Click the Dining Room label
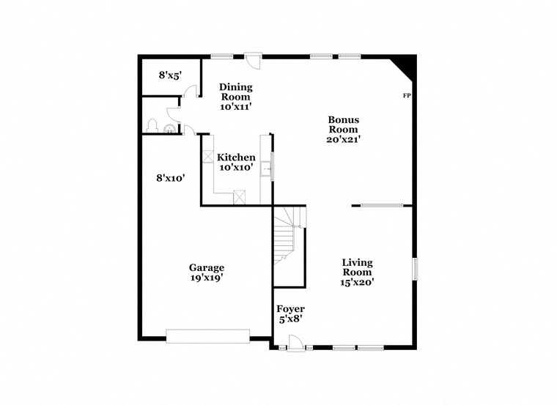pyautogui.click(x=235, y=91)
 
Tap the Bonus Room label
pyautogui.click(x=343, y=125)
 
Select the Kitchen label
pyautogui.click(x=236, y=157)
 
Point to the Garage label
pyautogui.click(x=206, y=267)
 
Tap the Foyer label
pyautogui.click(x=290, y=309)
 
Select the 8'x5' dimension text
pyautogui.click(x=170, y=75)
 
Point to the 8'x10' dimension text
pyautogui.click(x=170, y=177)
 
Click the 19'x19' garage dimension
pyautogui.click(x=206, y=278)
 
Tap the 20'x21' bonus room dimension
pyautogui.click(x=343, y=139)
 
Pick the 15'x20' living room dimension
pyautogui.click(x=358, y=283)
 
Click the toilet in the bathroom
pyautogui.click(x=154, y=126)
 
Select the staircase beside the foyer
pyautogui.click(x=288, y=234)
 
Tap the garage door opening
pyautogui.click(x=208, y=336)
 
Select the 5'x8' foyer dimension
pyautogui.click(x=290, y=319)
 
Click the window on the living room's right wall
pyautogui.click(x=414, y=268)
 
